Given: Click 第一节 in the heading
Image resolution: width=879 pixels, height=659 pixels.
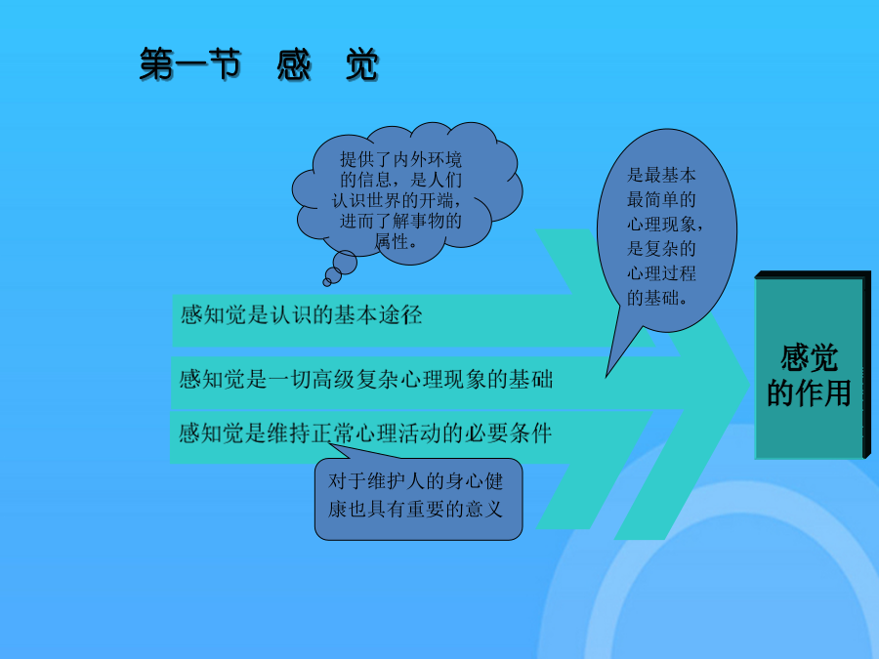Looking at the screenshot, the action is pyautogui.click(x=190, y=64).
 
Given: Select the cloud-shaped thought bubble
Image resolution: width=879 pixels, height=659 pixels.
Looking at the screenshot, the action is pyautogui.click(x=407, y=193).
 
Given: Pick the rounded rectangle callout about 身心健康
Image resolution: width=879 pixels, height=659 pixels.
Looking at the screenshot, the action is pyautogui.click(x=418, y=499).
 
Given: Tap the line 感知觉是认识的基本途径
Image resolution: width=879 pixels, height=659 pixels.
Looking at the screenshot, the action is pyautogui.click(x=301, y=315).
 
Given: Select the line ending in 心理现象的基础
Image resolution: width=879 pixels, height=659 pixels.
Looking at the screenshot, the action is pyautogui.click(x=366, y=380).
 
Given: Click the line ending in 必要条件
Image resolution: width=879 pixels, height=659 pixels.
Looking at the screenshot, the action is pyautogui.click(x=365, y=433).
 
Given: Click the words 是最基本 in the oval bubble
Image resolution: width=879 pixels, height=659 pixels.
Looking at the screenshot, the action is pyautogui.click(x=661, y=175).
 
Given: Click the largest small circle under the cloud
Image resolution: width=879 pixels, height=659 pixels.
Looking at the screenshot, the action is pyautogui.click(x=345, y=263).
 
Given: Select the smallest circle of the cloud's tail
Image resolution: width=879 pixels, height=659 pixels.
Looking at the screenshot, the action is pyautogui.click(x=327, y=282).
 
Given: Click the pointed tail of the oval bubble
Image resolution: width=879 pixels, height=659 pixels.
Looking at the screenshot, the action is pyautogui.click(x=607, y=377).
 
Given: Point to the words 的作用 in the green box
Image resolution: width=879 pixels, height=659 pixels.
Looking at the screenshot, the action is pyautogui.click(x=809, y=392).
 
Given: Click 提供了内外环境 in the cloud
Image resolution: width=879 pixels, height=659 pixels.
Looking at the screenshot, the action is pyautogui.click(x=400, y=159).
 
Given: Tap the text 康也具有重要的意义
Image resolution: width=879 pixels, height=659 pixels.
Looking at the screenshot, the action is pyautogui.click(x=415, y=509).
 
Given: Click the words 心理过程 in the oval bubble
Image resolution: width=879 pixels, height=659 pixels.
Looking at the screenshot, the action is pyautogui.click(x=661, y=273).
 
